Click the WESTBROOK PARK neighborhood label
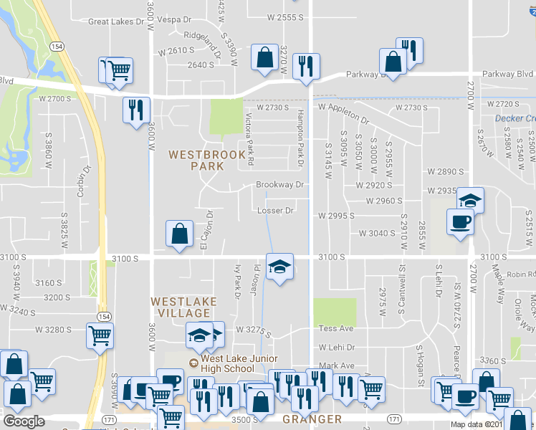[202, 160]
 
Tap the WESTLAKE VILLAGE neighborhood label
[183, 307]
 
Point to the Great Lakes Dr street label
[116, 22]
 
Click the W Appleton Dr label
[343, 107]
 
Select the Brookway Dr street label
[280, 185]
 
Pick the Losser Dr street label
[275, 211]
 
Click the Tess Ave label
[336, 328]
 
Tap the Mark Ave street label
[337, 365]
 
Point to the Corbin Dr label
[85, 181]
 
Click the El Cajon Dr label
[209, 229]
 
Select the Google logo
[24, 421]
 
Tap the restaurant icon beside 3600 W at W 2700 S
[135, 110]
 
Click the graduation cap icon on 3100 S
[279, 267]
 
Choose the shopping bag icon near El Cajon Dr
[179, 233]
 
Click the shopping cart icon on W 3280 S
[100, 335]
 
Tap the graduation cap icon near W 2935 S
[470, 200]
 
